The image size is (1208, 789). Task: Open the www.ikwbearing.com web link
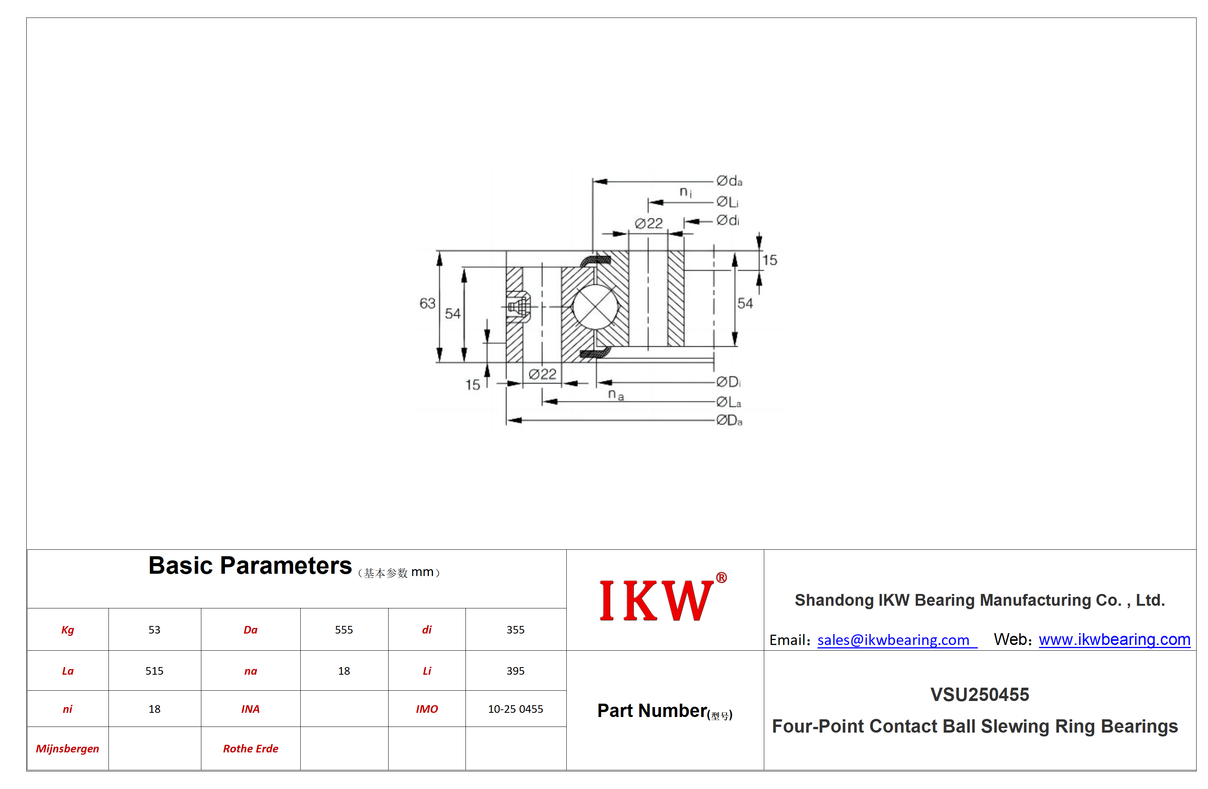1114,639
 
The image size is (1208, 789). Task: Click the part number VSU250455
980,695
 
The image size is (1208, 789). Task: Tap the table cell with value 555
344,629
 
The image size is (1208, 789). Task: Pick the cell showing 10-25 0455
515,709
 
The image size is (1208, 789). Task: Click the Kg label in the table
67,630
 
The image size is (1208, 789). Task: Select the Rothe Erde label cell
251,748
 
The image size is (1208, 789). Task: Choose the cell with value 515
154,671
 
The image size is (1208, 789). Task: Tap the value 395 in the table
515,671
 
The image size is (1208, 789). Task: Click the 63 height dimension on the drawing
427,303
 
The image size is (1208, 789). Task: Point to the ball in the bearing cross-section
595,307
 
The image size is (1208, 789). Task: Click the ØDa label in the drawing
729,420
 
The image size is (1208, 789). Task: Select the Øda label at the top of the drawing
729,181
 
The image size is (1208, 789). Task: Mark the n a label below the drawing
616,395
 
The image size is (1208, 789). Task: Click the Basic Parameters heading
250,565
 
